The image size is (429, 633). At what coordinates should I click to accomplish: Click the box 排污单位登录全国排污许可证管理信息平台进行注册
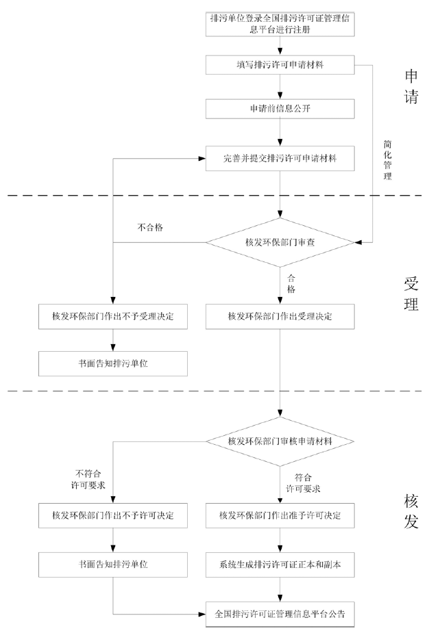point(280,25)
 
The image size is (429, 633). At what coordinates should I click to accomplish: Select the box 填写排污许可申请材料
point(280,65)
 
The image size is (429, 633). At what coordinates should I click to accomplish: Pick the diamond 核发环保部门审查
point(280,242)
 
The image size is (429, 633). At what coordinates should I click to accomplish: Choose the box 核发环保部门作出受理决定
point(280,316)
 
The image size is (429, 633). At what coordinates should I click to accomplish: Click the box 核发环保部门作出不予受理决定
point(113,316)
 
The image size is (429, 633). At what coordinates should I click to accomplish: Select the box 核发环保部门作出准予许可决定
point(280,515)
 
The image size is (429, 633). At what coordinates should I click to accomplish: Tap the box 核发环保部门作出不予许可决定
point(113,515)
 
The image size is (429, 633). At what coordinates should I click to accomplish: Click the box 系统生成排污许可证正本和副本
point(280,565)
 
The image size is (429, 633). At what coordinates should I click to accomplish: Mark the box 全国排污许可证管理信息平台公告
point(280,613)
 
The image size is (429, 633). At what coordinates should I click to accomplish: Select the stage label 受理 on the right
point(410,293)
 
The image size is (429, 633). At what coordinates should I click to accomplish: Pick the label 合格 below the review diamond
point(291,283)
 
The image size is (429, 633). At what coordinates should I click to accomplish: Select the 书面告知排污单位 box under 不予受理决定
point(113,363)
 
